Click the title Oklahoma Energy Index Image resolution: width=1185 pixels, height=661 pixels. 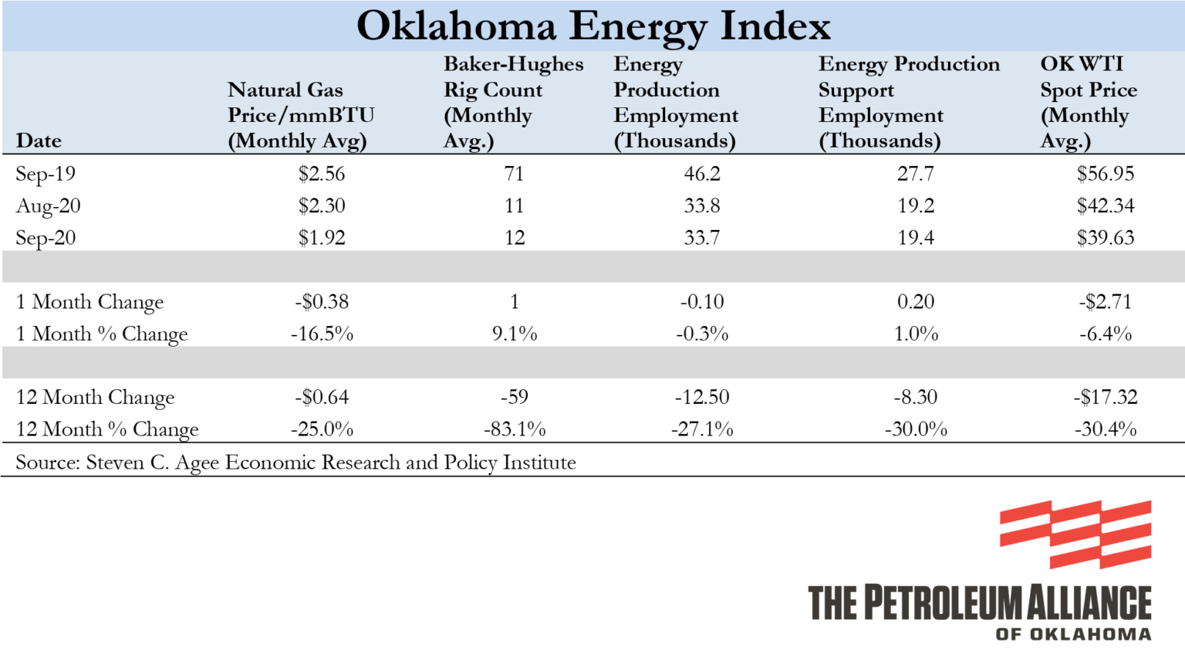[592, 27]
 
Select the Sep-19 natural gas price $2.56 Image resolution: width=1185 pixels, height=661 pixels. [322, 174]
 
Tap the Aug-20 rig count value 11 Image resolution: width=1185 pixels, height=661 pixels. [514, 206]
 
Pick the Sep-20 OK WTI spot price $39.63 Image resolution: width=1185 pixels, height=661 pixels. [1105, 238]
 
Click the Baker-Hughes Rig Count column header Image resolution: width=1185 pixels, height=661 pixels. [512, 102]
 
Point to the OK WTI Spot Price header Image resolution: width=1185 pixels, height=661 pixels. [1088, 102]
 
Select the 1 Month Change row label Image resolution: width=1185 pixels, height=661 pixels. [89, 302]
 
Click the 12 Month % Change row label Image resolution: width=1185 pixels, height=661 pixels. [107, 429]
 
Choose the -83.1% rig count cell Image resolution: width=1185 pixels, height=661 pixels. [514, 429]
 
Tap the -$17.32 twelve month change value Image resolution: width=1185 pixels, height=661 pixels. [1105, 397]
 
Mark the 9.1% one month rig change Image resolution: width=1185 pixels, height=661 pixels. [514, 334]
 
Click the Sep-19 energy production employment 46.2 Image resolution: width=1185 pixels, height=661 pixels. [701, 174]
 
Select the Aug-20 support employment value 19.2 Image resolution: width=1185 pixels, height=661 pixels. [915, 206]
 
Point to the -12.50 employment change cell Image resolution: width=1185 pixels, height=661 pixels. [701, 397]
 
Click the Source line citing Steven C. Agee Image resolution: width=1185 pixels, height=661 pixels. [295, 463]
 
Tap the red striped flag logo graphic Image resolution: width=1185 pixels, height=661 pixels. [1075, 534]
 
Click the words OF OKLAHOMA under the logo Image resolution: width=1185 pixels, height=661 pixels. [1073, 634]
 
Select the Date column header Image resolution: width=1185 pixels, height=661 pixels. [39, 141]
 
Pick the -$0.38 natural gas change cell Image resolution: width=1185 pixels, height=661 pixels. [322, 302]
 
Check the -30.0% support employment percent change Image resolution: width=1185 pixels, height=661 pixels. [915, 429]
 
